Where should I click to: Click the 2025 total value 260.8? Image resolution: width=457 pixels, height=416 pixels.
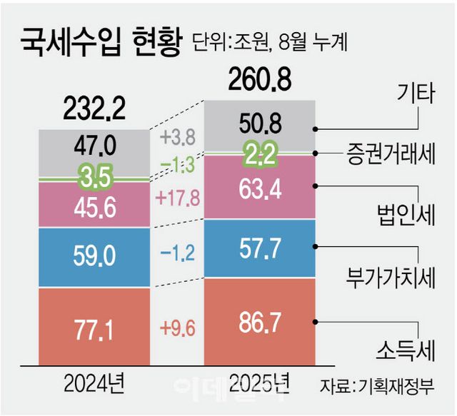pos(260,79)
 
